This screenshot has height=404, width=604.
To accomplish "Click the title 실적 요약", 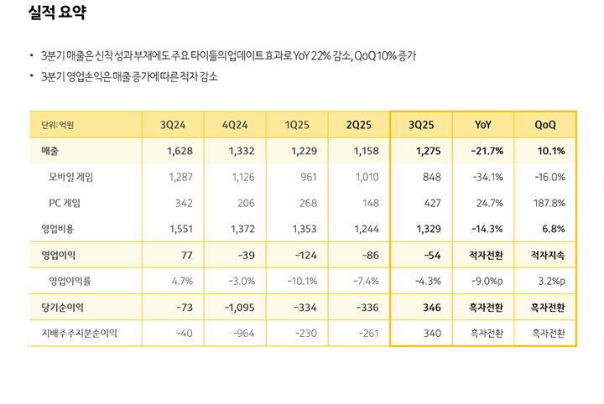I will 56,14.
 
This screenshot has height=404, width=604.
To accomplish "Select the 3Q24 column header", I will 173,125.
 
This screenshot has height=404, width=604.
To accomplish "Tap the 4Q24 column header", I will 235,125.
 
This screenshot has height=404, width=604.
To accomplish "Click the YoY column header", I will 483,125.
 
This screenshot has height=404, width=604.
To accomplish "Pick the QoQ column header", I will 545,125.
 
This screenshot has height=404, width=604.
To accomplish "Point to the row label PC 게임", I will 65,203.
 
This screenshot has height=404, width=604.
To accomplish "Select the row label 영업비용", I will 58,228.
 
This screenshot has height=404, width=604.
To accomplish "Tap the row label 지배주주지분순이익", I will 80,333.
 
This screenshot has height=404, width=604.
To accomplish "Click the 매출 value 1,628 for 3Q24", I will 180,151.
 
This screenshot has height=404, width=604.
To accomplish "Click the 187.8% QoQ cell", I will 549,203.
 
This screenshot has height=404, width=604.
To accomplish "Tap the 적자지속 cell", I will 548,253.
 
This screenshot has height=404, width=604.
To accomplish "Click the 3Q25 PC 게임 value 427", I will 431,203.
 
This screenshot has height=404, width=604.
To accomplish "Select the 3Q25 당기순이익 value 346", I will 431,308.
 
